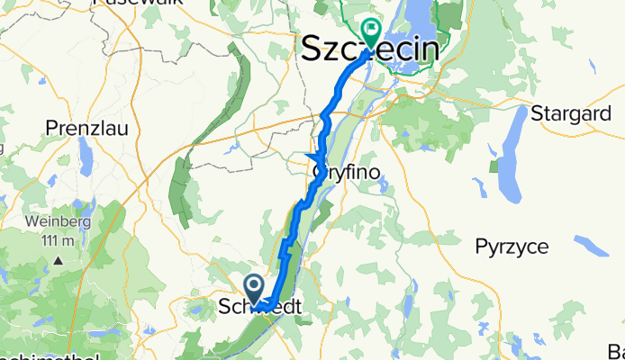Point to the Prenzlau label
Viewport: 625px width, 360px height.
coord(86,129)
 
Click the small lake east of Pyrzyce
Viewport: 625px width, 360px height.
coord(593,245)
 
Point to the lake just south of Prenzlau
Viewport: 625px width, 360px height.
coord(87,162)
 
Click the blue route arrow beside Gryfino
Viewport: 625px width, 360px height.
coord(318,159)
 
